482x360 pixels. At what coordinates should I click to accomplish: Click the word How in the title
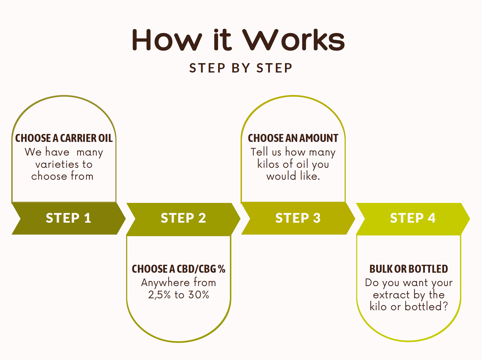(167, 40)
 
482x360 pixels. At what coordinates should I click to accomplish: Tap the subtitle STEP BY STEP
(241, 68)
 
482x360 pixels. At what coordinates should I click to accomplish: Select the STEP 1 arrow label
(68, 218)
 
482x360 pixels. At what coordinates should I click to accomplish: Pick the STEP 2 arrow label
(183, 218)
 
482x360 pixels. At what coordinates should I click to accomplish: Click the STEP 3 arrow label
(298, 218)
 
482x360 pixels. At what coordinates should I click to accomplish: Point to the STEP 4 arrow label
(413, 218)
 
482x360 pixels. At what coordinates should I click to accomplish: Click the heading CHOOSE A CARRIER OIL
(64, 138)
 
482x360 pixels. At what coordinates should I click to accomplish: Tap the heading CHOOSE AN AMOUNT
(293, 138)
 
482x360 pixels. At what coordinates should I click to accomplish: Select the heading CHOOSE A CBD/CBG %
(178, 269)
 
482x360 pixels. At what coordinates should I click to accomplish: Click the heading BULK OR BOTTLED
(409, 269)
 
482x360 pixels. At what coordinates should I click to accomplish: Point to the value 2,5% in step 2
(159, 295)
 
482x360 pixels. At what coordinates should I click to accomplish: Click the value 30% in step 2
(199, 295)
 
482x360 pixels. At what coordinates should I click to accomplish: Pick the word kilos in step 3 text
(268, 164)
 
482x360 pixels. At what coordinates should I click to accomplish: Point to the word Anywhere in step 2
(165, 283)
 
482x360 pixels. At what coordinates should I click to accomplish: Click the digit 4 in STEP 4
(432, 218)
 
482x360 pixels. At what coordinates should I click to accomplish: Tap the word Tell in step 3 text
(259, 152)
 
